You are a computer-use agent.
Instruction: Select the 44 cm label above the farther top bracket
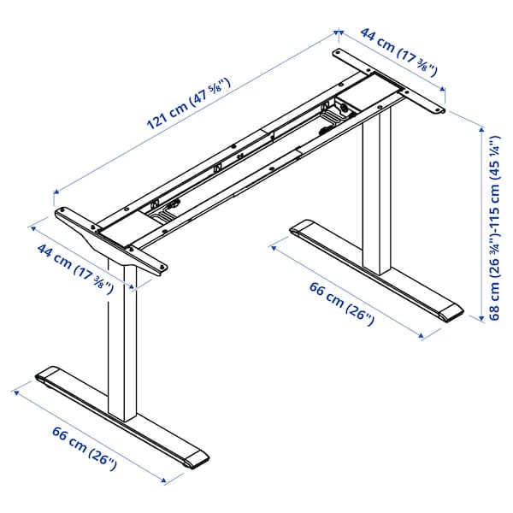coord(398,52)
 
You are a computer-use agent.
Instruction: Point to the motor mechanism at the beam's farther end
coord(336,115)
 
